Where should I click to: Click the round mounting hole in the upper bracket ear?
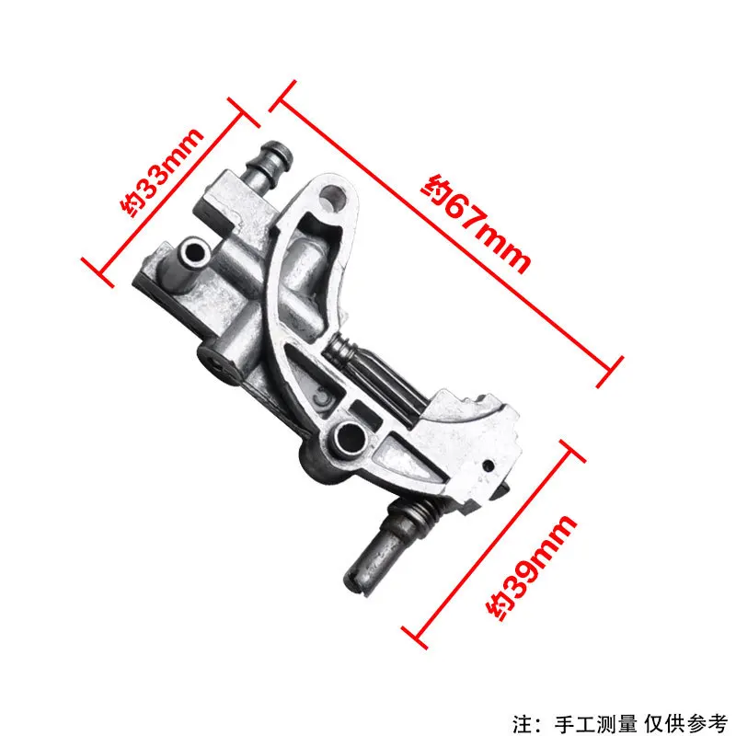click(333, 196)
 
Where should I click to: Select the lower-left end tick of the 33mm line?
click(96, 268)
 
